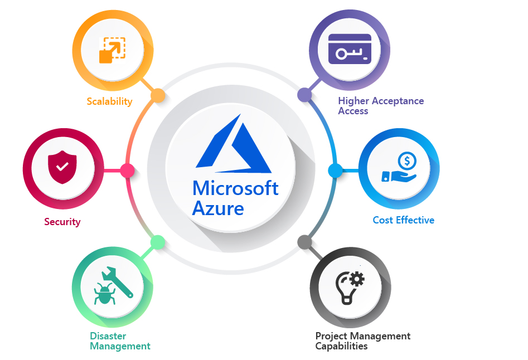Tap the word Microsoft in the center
[235, 188]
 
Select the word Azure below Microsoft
[217, 208]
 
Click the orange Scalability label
[109, 101]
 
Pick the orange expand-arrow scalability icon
[112, 50]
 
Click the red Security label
[62, 222]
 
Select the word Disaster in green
[108, 336]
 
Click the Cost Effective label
[403, 220]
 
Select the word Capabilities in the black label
[341, 346]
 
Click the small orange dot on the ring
[158, 95]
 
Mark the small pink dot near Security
[128, 170]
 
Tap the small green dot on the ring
[158, 242]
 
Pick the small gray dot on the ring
[304, 242]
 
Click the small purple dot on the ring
[304, 95]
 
